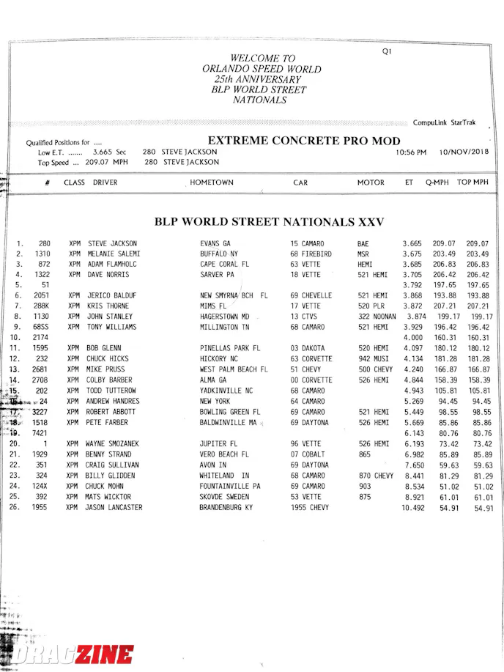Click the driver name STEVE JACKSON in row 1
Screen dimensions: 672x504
112,243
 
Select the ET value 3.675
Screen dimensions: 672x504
412,254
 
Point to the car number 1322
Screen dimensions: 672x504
41,274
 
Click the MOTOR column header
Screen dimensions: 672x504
371,182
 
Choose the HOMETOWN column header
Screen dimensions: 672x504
212,182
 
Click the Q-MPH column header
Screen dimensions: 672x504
438,182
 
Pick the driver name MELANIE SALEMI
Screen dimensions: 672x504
114,254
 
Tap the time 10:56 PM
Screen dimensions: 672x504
411,152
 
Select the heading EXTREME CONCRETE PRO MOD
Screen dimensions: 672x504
304,141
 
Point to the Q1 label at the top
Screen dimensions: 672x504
388,51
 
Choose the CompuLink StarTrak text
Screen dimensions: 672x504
444,122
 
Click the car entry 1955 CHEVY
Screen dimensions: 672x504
310,507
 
